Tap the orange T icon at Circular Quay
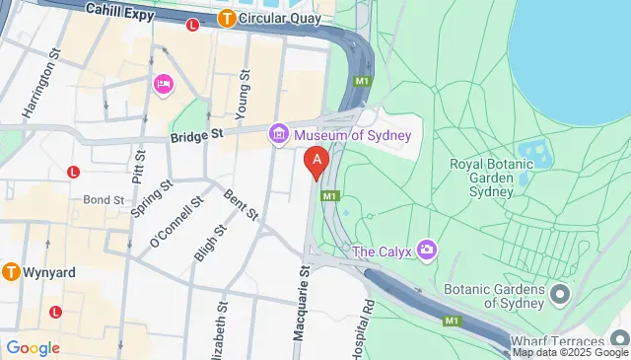227,17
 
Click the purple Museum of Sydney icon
279,132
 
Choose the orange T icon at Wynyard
12,271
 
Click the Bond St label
104,199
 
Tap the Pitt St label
139,167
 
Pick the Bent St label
242,204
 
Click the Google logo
34,347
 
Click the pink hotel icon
163,86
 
